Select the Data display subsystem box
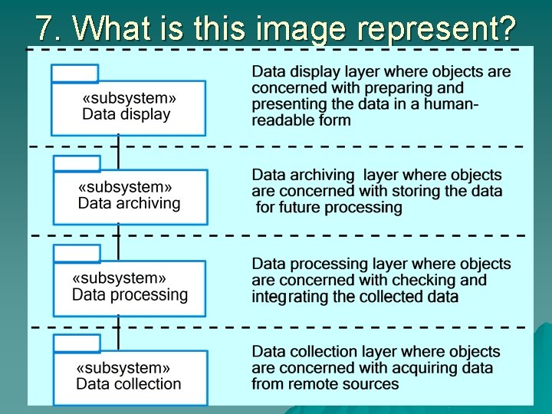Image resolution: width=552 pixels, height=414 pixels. tap(129, 108)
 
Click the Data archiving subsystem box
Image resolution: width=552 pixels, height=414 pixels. tap(130, 196)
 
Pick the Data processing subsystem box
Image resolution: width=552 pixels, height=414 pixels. tap(130, 287)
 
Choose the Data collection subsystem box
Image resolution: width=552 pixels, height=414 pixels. tap(130, 376)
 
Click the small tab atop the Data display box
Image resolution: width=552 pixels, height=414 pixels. tap(74, 74)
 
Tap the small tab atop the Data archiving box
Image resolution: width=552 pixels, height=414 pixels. tap(77, 163)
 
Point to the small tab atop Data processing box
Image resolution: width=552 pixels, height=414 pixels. tap(77, 253)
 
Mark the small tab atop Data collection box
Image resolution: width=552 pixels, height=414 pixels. tap(77, 343)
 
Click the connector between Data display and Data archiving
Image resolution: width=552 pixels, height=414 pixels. tap(118, 146)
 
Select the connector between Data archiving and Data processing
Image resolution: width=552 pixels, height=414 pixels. tap(118, 235)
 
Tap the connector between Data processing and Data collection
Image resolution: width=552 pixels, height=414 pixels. tap(118, 325)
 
